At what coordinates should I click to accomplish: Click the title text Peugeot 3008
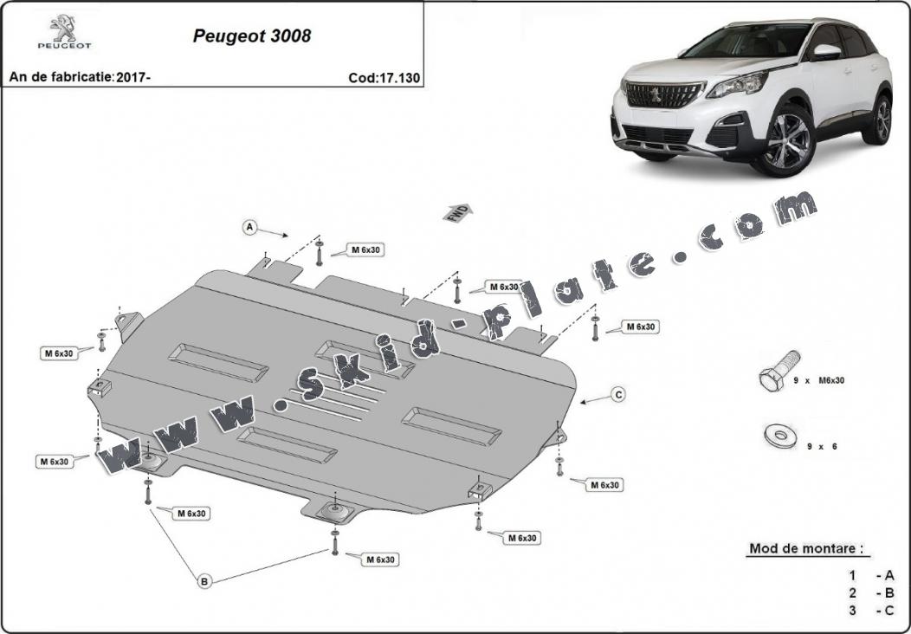252,36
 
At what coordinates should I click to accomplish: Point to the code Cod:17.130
384,78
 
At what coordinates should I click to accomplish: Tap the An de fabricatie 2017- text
81,77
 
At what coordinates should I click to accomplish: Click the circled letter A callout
249,227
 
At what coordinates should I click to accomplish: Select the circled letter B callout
204,580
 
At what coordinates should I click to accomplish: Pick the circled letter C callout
619,395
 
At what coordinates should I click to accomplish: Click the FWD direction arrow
458,213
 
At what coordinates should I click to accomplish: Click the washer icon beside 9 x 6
780,436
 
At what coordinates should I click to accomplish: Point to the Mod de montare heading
806,548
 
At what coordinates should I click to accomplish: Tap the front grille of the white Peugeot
663,94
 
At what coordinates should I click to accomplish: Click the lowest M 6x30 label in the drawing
381,560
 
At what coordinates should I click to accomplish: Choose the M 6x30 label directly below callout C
604,485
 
